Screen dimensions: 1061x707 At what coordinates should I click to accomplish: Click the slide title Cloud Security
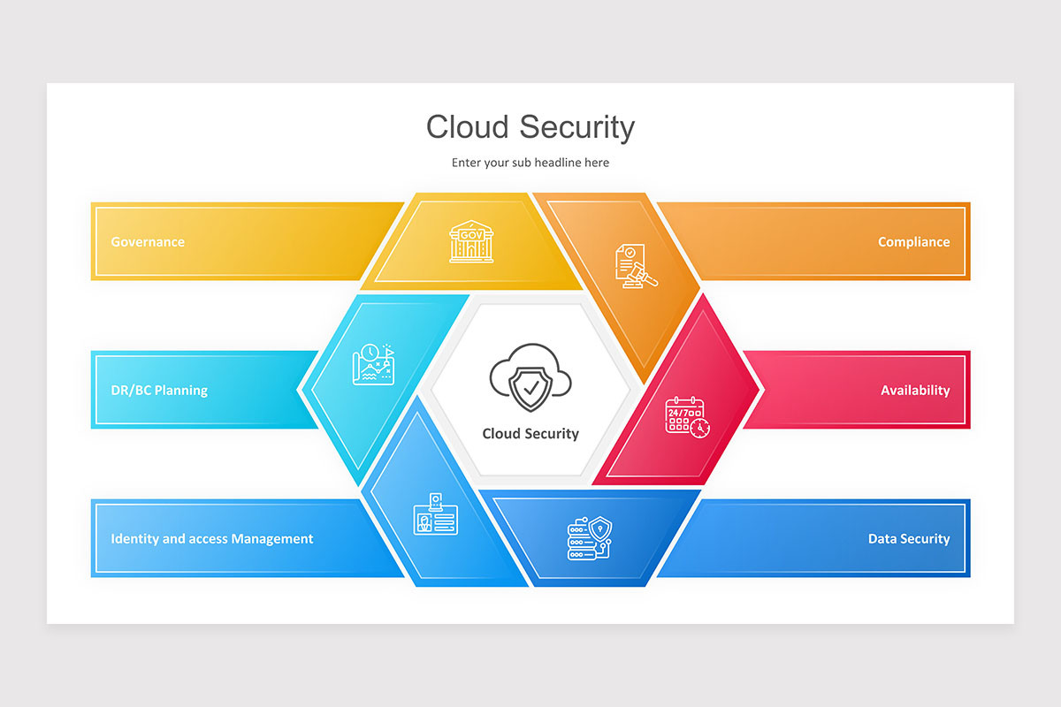[530, 127]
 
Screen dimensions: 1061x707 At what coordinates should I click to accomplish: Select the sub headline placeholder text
[530, 163]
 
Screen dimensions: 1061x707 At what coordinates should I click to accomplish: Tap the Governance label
[148, 242]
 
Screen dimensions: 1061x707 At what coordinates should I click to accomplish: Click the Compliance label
[913, 242]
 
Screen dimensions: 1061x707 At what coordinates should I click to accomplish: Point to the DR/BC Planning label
[159, 391]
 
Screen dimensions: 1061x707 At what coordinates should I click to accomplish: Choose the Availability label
[915, 391]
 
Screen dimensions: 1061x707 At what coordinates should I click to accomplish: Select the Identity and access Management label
[211, 538]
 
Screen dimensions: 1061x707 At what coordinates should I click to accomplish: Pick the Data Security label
[909, 538]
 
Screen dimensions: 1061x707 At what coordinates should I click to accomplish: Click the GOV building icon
[471, 241]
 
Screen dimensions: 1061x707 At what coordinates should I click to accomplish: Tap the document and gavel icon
[636, 266]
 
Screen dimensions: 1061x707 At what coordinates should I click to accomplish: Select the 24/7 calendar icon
[687, 417]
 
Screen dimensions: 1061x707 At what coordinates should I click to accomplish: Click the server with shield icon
[590, 538]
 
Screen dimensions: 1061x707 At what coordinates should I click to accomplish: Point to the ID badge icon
[435, 514]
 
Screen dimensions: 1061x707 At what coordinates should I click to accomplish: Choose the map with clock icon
[374, 364]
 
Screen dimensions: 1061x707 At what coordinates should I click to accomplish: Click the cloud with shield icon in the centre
[530, 377]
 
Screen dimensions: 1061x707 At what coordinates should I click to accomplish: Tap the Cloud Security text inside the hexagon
[530, 433]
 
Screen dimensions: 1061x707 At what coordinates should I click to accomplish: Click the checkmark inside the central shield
[531, 388]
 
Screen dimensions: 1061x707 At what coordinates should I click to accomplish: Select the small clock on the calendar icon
[699, 429]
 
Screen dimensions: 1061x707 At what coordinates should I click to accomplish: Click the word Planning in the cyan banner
[181, 391]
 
